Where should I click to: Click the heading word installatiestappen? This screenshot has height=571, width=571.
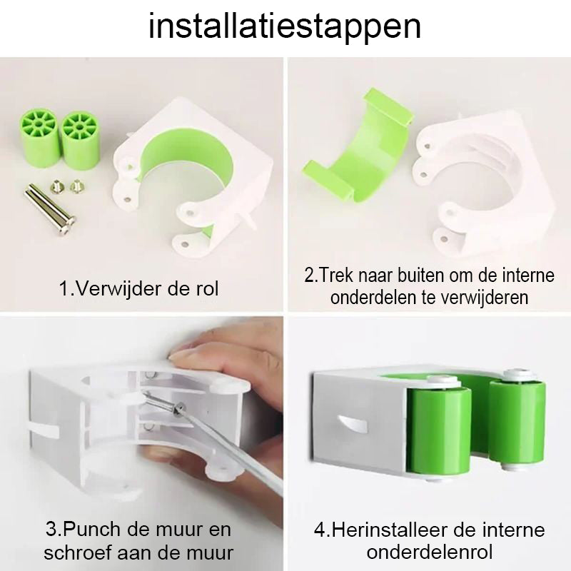coord(285,27)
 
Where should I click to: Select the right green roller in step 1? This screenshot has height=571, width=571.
coord(80,138)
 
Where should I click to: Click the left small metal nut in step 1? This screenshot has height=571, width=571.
coord(56,186)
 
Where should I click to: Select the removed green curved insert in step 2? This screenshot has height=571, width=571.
coord(357,153)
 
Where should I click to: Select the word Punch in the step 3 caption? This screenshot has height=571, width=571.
coord(93,529)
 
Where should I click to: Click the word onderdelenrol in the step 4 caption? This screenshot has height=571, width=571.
coord(430,552)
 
